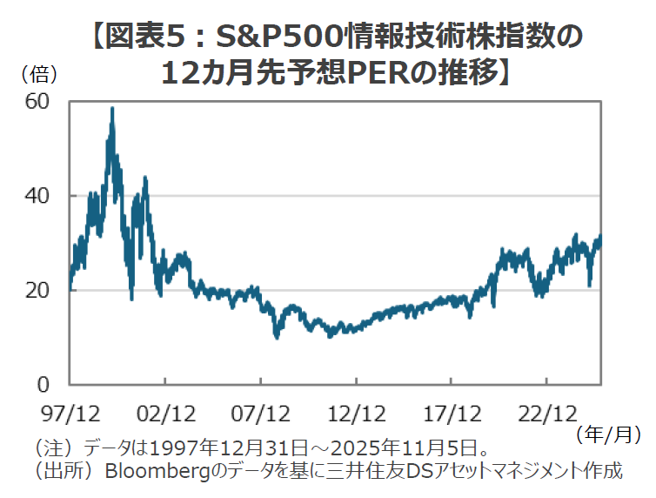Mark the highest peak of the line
pyautogui.click(x=112, y=108)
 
